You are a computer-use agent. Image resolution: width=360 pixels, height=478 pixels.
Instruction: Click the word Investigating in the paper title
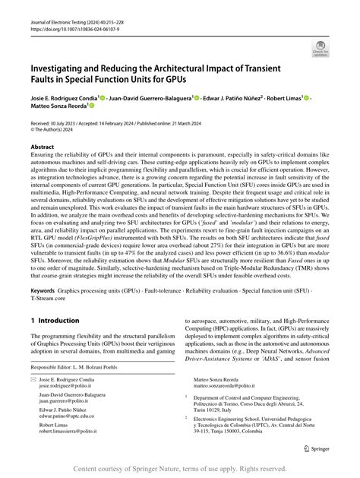62,69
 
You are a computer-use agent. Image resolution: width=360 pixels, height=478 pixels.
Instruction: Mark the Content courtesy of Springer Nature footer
179,470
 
